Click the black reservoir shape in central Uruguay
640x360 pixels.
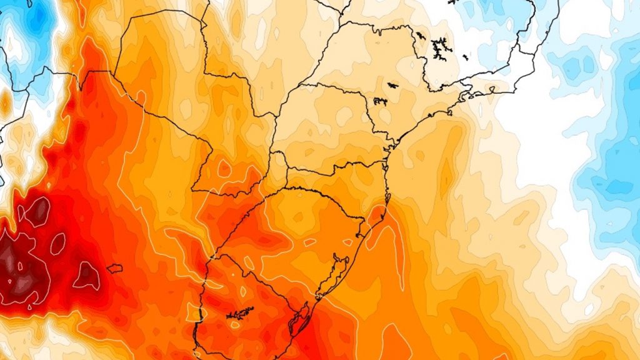(241, 312)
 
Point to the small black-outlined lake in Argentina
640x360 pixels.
(114, 268)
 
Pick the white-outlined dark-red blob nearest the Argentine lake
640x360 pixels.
(87, 275)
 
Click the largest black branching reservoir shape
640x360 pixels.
(441, 46)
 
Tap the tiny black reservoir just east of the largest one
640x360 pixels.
(466, 57)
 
